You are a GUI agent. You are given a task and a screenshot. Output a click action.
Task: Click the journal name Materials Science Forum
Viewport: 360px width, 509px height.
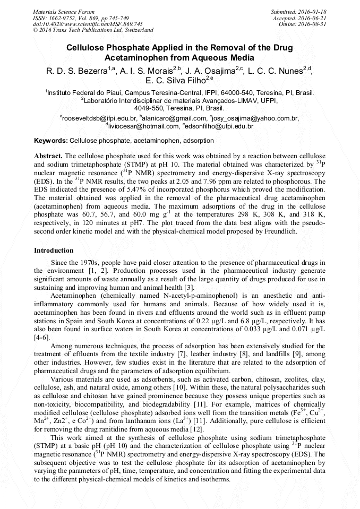coord(64,11)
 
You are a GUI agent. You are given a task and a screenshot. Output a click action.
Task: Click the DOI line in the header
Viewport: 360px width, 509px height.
coord(88,24)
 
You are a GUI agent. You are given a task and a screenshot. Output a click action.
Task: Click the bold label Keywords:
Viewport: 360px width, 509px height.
coord(51,141)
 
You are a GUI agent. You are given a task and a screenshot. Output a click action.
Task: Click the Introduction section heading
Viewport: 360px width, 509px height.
coord(54,250)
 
